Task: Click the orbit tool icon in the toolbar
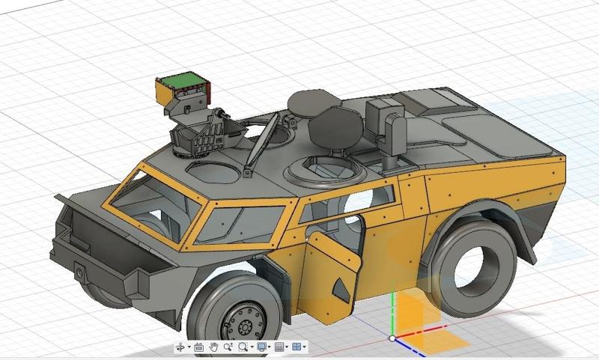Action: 180,347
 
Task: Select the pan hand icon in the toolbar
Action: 213,347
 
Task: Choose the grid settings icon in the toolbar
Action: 279,347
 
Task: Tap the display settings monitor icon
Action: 261,347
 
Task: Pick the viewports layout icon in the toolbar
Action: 297,347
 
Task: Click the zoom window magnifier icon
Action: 243,347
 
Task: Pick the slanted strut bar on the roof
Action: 258,146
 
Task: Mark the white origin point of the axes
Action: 392,338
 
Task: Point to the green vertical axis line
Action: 392,314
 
